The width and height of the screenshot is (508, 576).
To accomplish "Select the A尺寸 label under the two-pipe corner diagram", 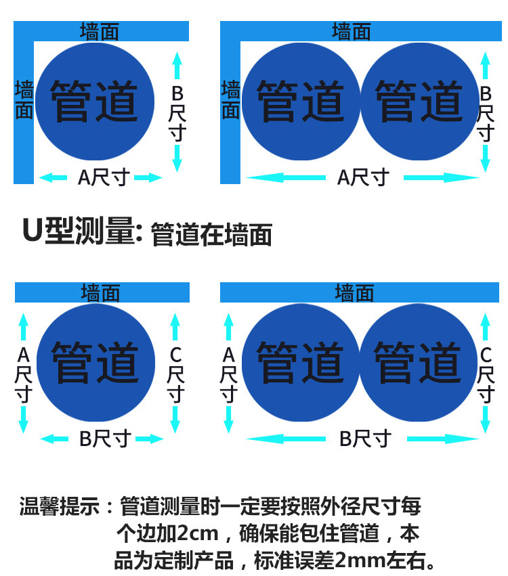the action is click(363, 177).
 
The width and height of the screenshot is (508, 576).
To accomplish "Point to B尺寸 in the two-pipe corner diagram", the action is click(485, 112).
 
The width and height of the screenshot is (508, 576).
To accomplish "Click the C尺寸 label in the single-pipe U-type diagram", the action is click(175, 374).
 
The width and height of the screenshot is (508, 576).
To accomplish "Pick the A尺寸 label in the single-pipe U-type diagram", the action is click(24, 374).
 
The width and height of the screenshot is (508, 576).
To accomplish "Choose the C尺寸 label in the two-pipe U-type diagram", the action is click(485, 374).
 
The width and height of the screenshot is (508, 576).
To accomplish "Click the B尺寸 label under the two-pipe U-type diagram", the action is click(364, 439).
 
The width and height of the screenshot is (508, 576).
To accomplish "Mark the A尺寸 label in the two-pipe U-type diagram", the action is click(228, 374).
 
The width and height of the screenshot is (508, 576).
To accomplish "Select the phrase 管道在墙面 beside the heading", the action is click(211, 234).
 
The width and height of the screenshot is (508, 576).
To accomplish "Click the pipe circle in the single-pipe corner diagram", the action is click(95, 102).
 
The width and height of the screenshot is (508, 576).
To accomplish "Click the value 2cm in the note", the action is click(198, 534).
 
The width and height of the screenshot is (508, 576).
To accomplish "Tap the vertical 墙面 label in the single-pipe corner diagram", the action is click(24, 100).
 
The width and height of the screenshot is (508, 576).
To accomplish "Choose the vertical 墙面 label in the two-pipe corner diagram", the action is click(231, 100).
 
